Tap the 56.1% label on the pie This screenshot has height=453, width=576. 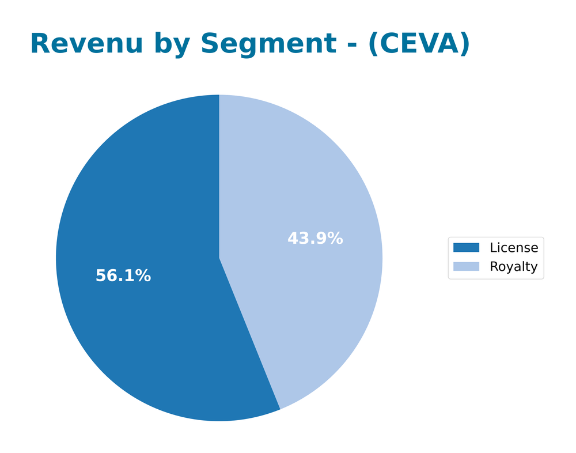[x=123, y=276]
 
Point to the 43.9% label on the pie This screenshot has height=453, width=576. [x=315, y=239]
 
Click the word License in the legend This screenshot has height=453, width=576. [x=514, y=248]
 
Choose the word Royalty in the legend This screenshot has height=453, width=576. [x=513, y=267]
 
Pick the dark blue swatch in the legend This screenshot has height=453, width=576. [x=466, y=248]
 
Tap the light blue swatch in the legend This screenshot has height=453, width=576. [x=466, y=267]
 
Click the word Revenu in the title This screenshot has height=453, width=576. [x=86, y=44]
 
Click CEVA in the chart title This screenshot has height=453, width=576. [x=419, y=44]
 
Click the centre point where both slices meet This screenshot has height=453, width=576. [x=219, y=258]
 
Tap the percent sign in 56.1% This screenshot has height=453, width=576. [x=143, y=276]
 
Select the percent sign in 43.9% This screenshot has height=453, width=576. [x=335, y=239]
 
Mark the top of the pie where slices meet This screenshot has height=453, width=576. [x=219, y=96]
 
